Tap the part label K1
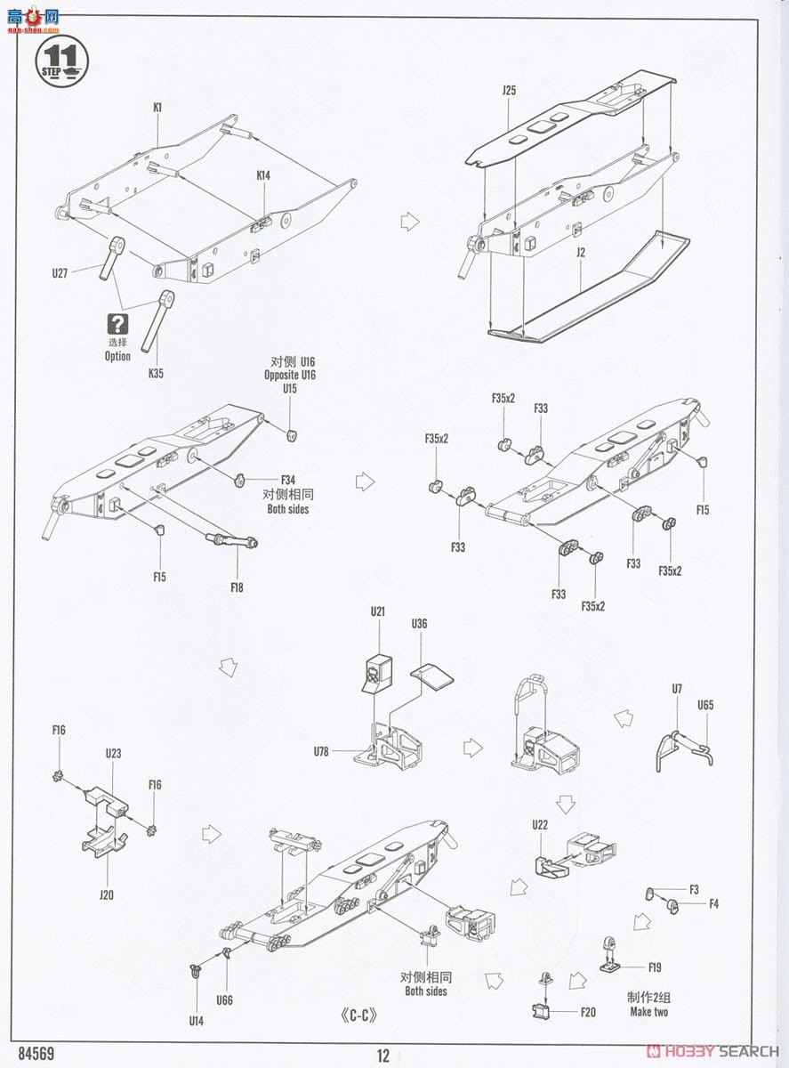[x=157, y=108]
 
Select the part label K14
[x=263, y=176]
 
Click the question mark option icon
[x=117, y=324]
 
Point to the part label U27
[x=60, y=274]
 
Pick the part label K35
[x=156, y=374]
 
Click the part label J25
[x=509, y=91]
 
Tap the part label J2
[x=580, y=253]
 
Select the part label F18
[x=236, y=587]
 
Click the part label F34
[x=287, y=480]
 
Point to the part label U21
[x=379, y=611]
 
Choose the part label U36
[x=420, y=624]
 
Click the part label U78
[x=322, y=752]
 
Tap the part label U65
[x=705, y=705]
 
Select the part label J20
[x=107, y=895]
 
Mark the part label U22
[x=540, y=825]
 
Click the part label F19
[x=655, y=967]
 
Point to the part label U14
[x=196, y=1021]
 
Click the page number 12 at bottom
[x=383, y=1056]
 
